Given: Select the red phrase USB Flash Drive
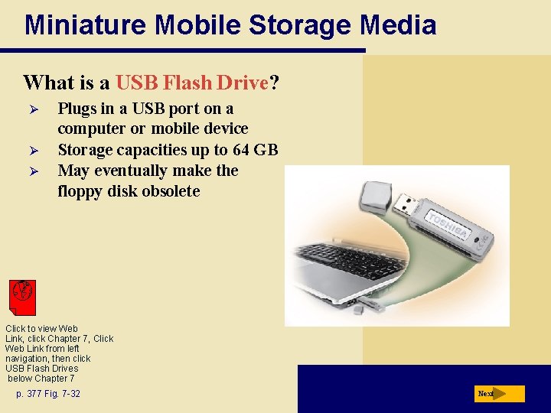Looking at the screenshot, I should point(193,83).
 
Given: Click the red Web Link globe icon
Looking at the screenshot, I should point(23,295).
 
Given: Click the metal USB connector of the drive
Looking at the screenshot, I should point(406,204).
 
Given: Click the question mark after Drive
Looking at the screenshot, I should point(273,83).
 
